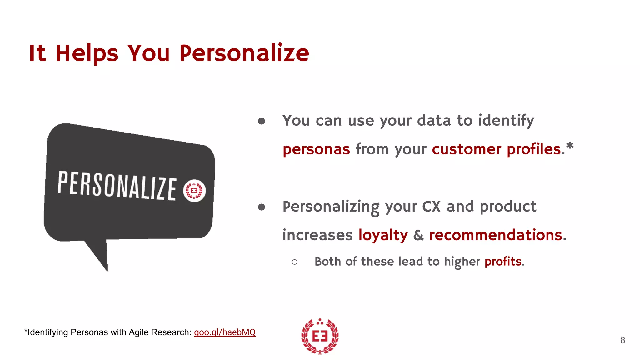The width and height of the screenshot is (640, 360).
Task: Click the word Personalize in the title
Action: (244, 53)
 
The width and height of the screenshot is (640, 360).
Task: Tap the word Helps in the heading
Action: (87, 53)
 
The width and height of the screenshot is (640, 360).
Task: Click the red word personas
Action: (316, 149)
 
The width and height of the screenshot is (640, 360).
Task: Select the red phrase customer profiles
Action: (496, 149)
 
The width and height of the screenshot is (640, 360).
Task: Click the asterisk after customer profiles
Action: (570, 146)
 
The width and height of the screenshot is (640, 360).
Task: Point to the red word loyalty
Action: (383, 235)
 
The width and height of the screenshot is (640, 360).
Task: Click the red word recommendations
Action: (496, 235)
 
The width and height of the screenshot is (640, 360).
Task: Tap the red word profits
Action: (503, 261)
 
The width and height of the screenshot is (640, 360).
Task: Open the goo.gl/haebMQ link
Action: (225, 332)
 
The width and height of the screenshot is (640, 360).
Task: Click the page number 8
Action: (622, 340)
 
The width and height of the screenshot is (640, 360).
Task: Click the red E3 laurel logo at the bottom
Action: (320, 336)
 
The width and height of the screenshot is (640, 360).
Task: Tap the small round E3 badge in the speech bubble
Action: (194, 191)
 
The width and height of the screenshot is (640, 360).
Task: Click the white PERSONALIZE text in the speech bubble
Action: (117, 186)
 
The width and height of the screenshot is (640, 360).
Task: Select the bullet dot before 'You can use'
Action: (262, 121)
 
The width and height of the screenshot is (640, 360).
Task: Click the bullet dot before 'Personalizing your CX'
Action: (262, 207)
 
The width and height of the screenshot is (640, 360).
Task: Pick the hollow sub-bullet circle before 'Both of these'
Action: (294, 262)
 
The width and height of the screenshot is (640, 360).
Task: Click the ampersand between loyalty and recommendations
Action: (418, 235)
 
